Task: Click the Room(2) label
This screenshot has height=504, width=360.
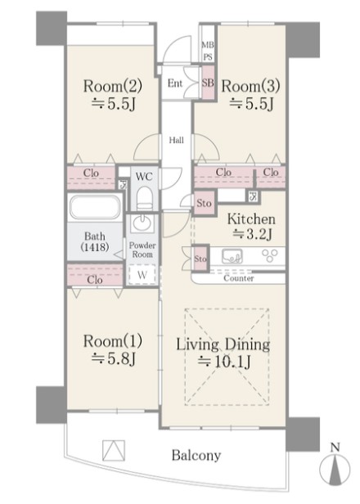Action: point(113,86)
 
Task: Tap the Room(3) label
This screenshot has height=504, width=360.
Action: point(250,86)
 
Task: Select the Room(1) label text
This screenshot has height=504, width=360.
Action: point(113,341)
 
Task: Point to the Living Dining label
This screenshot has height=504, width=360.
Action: point(223,345)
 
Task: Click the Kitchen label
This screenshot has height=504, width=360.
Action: point(251,219)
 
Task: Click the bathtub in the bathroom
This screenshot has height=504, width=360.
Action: point(95,207)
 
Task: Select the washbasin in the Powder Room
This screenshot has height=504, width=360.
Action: point(142,223)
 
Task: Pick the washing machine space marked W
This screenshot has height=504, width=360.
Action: point(142,275)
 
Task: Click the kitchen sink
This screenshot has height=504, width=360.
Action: point(232,256)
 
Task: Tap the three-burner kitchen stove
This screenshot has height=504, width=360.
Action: point(269,256)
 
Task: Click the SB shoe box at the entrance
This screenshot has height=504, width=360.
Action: point(208,83)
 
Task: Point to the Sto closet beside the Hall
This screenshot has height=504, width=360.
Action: point(204,203)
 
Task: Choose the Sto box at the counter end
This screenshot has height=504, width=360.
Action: point(200,259)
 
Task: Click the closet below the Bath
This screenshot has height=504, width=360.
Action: point(95,276)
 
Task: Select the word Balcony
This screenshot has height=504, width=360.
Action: point(196,455)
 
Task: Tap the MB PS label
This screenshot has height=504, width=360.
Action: point(208,51)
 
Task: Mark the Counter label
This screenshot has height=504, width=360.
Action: point(239,278)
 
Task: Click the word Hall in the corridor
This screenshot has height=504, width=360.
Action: point(177,140)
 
